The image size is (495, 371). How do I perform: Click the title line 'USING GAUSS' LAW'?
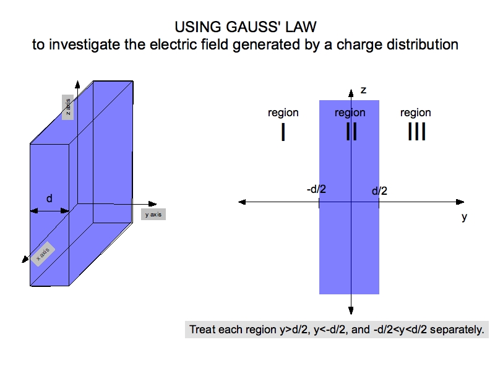(247, 28)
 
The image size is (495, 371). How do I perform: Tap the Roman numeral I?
(283, 132)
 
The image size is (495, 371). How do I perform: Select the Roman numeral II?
(351, 132)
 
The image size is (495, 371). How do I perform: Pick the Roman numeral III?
(416, 132)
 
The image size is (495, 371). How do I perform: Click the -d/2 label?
(316, 189)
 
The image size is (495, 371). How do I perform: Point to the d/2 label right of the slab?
(379, 191)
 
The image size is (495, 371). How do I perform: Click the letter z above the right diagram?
(363, 90)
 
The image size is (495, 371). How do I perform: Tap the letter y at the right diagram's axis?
(464, 218)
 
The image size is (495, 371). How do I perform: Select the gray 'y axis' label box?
(154, 215)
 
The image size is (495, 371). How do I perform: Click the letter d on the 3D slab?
(49, 198)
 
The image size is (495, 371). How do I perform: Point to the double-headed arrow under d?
(49, 211)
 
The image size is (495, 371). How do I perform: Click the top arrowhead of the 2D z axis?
(351, 92)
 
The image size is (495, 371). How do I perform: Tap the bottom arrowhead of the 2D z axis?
(351, 310)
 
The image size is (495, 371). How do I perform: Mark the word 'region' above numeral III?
(416, 113)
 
